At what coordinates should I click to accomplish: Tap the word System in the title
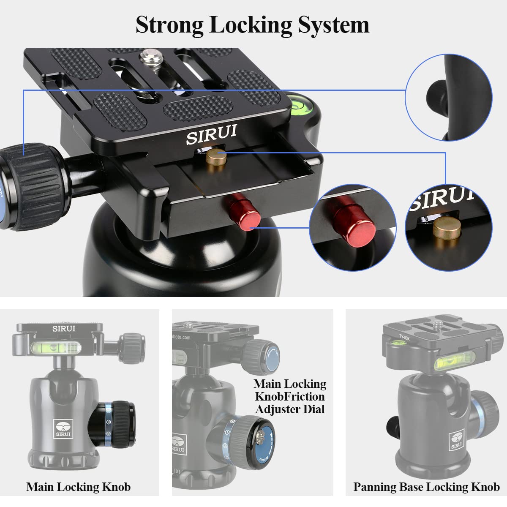[x=334, y=25]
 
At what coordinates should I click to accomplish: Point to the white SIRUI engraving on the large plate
[x=212, y=134]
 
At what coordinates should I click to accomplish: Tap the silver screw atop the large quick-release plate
[x=150, y=55]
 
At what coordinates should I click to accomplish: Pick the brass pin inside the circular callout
[x=447, y=231]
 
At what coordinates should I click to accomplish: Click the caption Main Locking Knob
[x=79, y=487]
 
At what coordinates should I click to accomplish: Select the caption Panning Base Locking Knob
[x=426, y=487]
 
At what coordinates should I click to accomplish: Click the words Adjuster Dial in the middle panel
[x=290, y=409]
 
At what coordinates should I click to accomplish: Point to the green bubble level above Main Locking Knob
[x=55, y=347]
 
